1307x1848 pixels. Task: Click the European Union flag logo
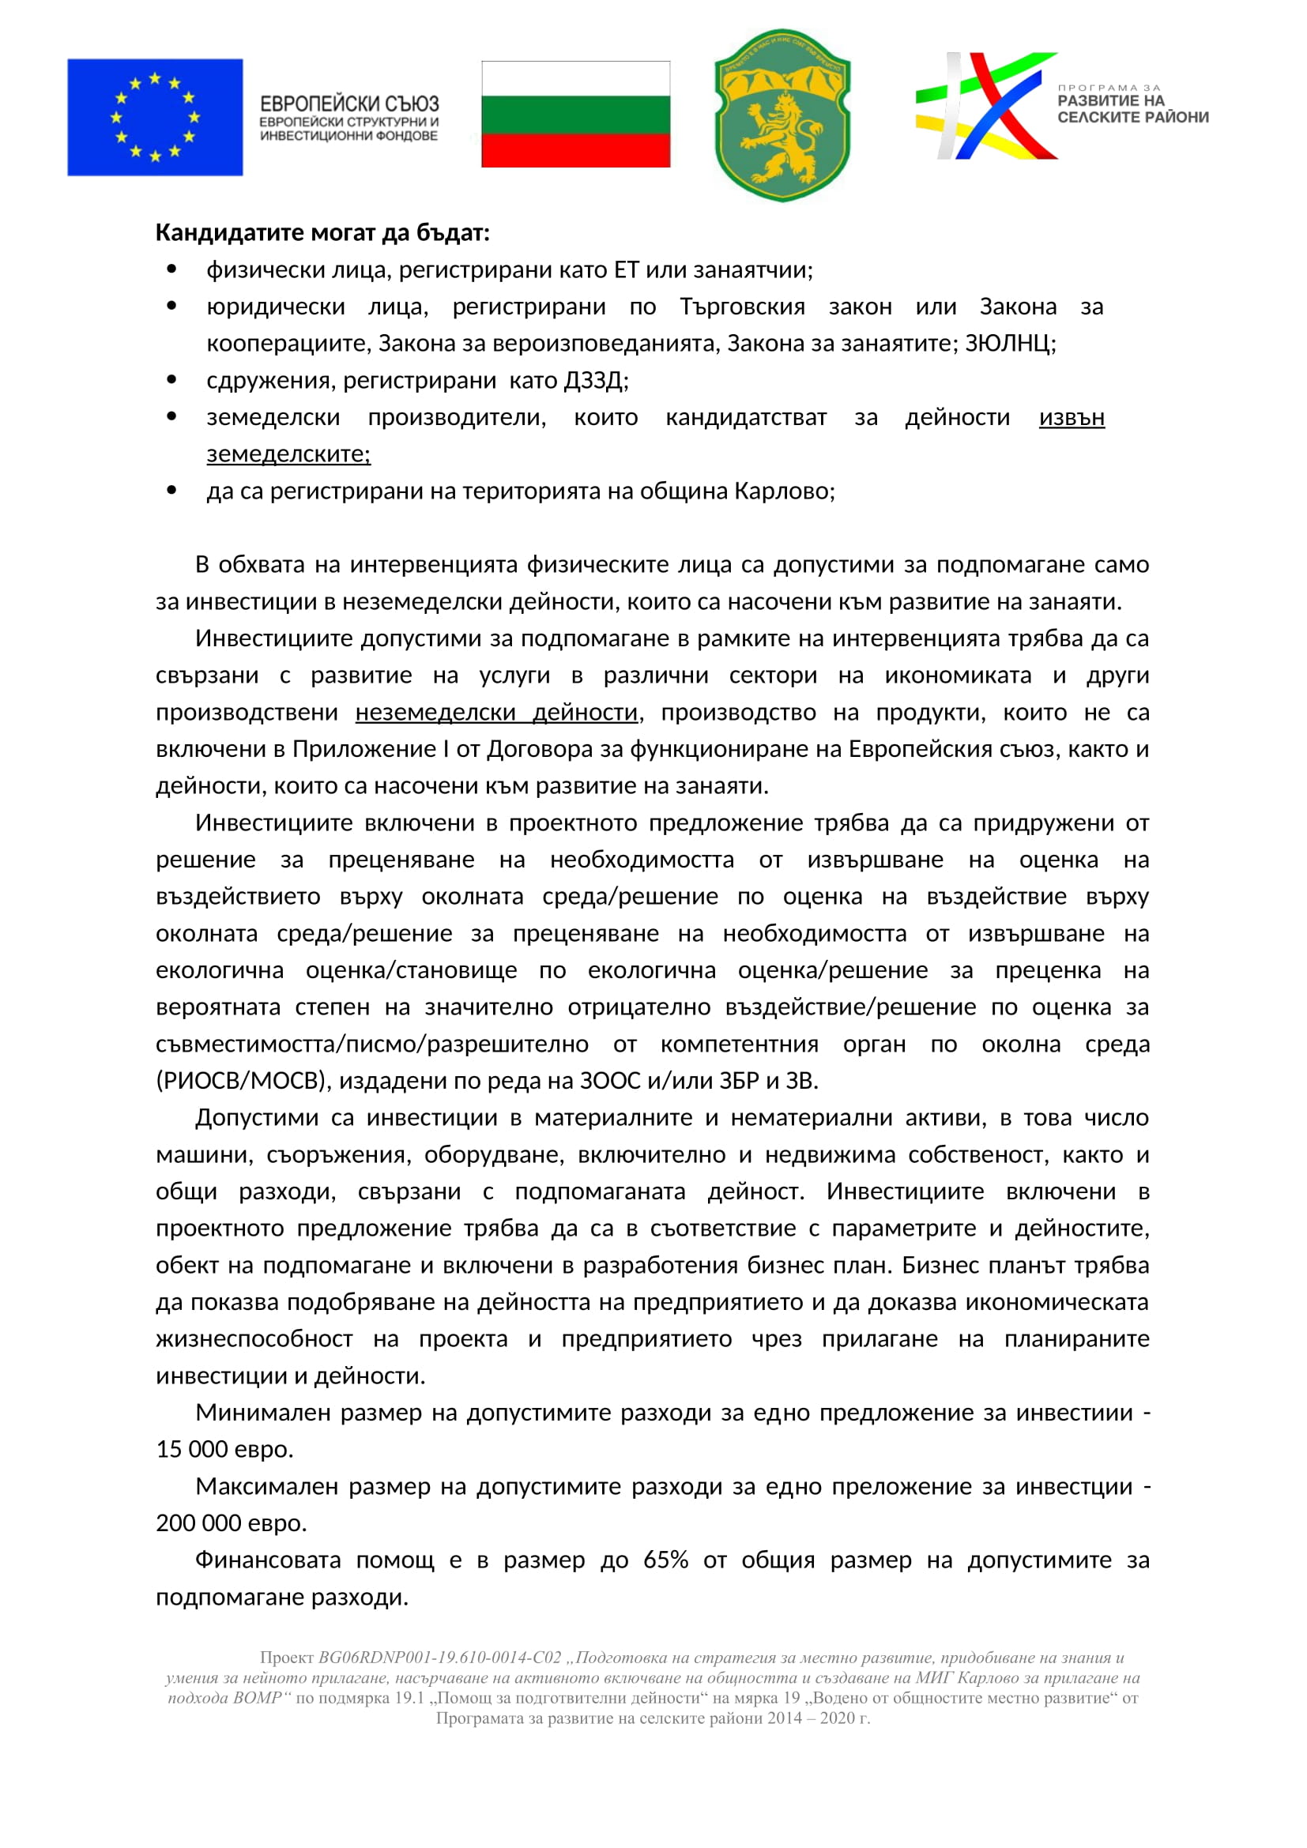tap(155, 117)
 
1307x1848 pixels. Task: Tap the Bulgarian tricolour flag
tap(575, 115)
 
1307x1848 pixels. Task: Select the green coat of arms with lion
tap(782, 115)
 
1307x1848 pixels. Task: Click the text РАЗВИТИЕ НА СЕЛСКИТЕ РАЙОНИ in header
tap(1132, 109)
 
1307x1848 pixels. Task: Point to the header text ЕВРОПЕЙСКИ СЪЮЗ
tap(349, 104)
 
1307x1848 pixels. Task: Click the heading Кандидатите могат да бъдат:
tap(322, 232)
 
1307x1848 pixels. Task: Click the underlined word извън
tap(1072, 418)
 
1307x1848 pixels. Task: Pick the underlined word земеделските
tap(288, 454)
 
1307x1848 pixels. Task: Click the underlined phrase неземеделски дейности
tap(496, 713)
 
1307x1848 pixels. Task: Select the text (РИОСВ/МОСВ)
tap(244, 1081)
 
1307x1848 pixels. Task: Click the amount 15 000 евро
tap(224, 1450)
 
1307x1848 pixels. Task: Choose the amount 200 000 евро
tap(231, 1523)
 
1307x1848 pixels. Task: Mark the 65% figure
tap(665, 1560)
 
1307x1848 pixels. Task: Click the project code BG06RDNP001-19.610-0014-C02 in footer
tap(439, 1658)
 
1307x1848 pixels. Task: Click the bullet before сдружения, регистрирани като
tap(171, 379)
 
